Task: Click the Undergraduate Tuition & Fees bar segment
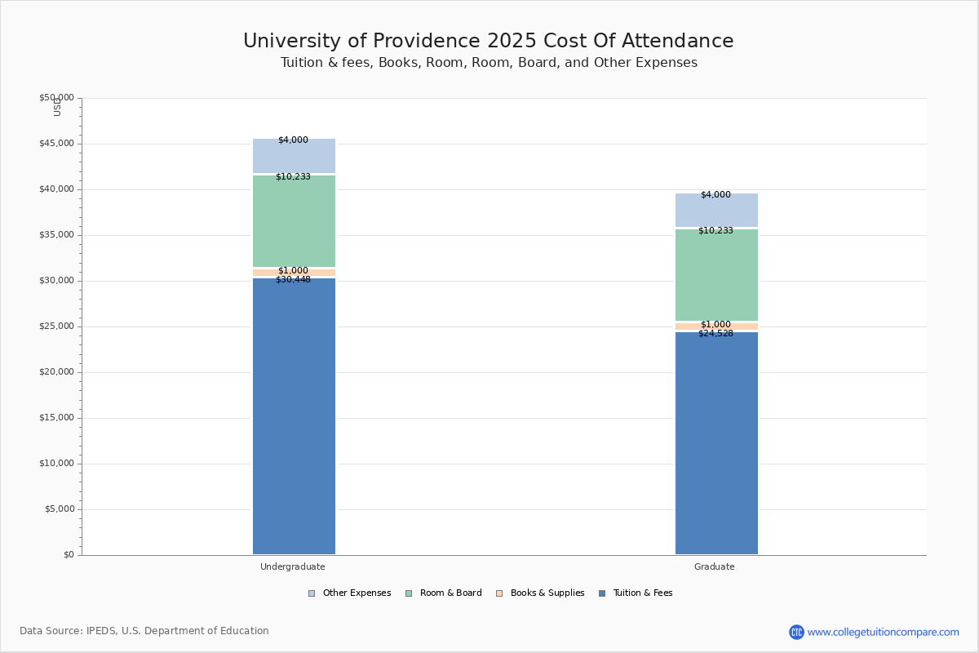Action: point(294,416)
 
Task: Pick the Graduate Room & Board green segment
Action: point(716,276)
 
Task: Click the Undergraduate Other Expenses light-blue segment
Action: point(294,157)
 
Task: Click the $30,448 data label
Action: point(293,280)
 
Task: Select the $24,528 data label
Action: point(715,334)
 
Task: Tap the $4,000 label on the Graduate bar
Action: point(715,195)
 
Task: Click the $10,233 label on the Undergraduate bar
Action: point(293,177)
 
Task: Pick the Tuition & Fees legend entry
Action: point(636,593)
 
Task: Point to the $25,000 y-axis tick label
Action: point(56,326)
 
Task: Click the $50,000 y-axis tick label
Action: point(56,98)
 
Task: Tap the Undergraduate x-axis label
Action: point(293,566)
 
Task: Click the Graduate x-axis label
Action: point(715,566)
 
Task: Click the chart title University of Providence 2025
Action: point(488,42)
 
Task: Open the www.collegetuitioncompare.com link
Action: point(883,632)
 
